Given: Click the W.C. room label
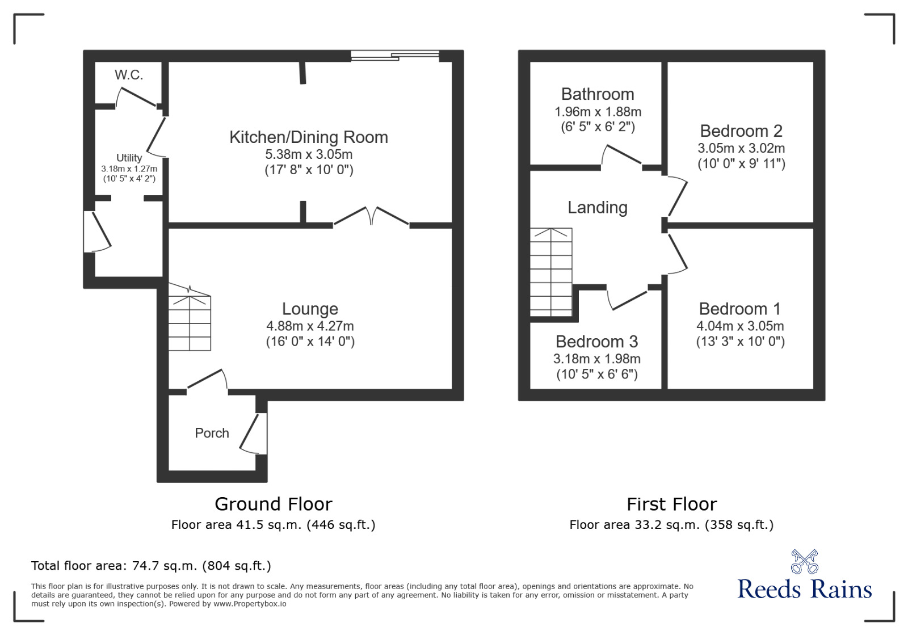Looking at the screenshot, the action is [x=129, y=75].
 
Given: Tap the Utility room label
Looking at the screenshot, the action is [x=129, y=158].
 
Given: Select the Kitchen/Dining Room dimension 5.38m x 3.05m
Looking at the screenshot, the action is [x=309, y=154].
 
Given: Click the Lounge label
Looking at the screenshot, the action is [x=310, y=309].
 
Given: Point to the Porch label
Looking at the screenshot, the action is [x=212, y=433].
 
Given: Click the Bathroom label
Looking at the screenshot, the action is [x=598, y=94].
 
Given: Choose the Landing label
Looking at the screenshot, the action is [x=598, y=208].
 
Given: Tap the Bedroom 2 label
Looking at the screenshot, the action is [x=741, y=131].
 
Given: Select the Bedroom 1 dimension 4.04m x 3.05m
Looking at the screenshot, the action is [x=740, y=326].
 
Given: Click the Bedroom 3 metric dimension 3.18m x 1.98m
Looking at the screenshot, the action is [x=597, y=359].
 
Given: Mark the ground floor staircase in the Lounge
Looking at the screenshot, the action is [x=190, y=317].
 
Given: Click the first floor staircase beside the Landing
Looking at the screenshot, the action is [x=551, y=272].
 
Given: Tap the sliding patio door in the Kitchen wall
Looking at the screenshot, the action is [x=395, y=56].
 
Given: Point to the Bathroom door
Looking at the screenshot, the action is [x=621, y=155].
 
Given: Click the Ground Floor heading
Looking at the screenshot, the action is [x=274, y=504].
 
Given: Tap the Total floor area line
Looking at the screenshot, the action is [x=151, y=566].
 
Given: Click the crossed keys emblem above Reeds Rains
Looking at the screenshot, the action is [x=805, y=562].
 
